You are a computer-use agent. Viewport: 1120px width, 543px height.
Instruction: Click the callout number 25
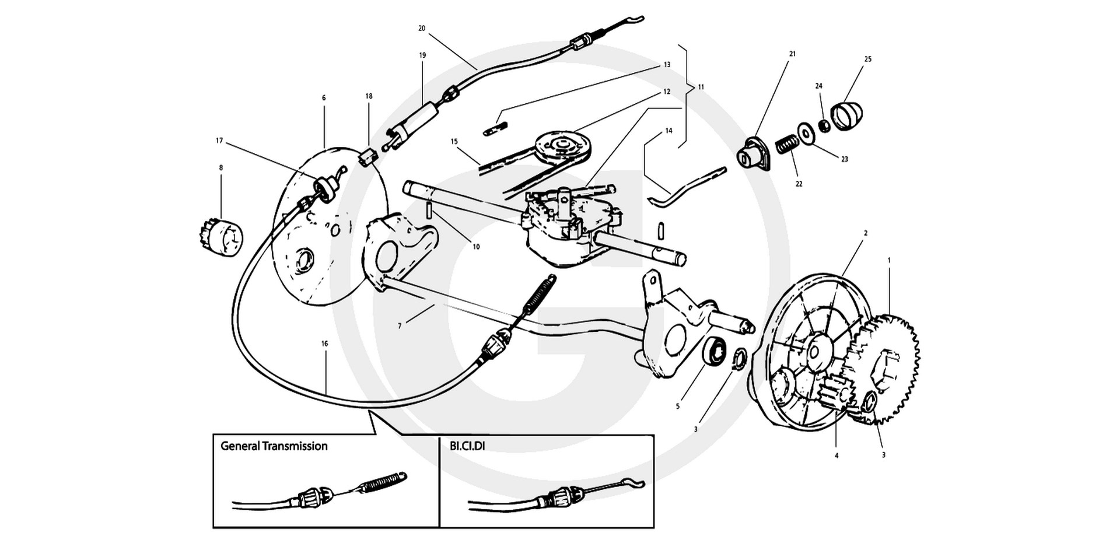point(868,59)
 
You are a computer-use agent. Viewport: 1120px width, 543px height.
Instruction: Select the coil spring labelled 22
point(787,145)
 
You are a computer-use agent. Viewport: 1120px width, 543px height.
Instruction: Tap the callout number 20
point(422,28)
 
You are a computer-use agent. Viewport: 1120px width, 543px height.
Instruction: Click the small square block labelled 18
point(367,157)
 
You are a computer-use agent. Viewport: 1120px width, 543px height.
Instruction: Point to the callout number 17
point(219,141)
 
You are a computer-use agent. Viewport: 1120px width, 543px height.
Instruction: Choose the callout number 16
point(324,344)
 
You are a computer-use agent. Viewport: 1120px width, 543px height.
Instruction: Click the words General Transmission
point(274,446)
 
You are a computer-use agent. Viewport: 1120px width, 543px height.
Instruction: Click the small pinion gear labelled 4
point(835,394)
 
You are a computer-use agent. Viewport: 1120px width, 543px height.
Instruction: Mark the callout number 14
point(668,131)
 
